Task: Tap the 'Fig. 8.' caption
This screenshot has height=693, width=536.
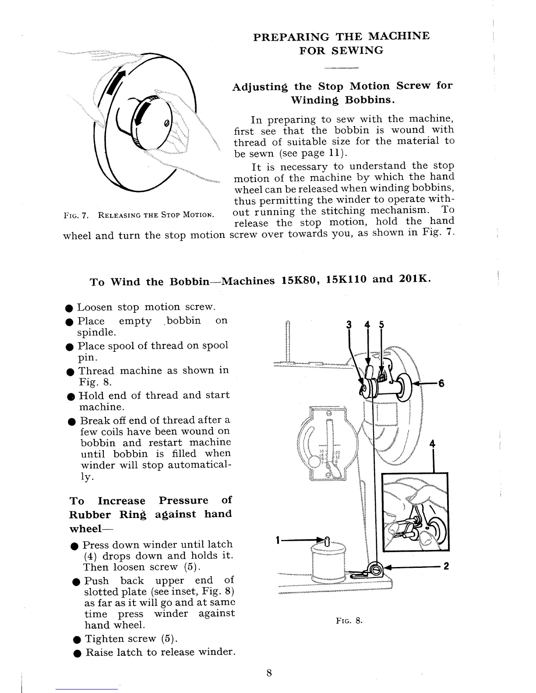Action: [349, 621]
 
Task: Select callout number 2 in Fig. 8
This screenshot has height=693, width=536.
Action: [446, 567]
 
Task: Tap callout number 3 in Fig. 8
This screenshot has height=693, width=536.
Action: [349, 325]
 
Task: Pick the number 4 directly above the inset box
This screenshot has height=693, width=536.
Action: [433, 444]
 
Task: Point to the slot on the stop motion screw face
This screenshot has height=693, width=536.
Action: [166, 123]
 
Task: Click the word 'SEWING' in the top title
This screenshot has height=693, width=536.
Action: [357, 50]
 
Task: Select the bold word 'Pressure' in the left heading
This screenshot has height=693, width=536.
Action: [183, 500]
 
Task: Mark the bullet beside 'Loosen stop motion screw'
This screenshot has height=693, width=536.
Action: [69, 308]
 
